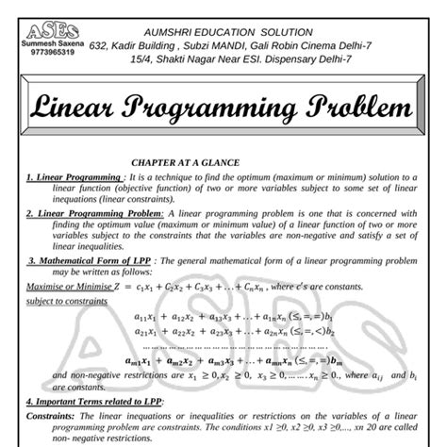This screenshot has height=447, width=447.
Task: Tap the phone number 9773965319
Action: [x=41, y=54]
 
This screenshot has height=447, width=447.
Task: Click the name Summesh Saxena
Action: [x=41, y=43]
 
